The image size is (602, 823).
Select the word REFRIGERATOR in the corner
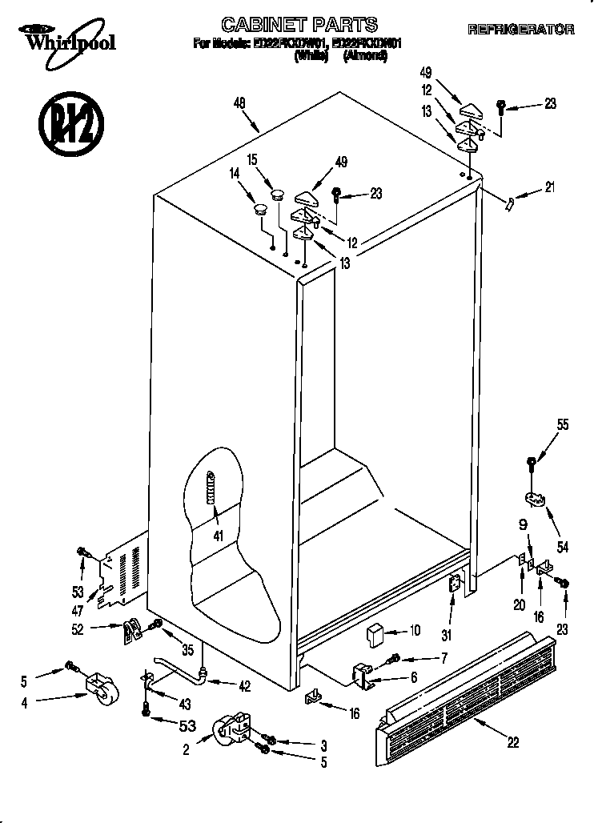coord(520,30)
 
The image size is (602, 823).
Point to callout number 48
coord(239,102)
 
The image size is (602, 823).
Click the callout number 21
coord(548,188)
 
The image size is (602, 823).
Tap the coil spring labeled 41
coord(211,486)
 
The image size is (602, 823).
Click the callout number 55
coord(563,425)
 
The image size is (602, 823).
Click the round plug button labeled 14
coord(259,210)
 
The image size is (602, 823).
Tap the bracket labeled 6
coord(363,674)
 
